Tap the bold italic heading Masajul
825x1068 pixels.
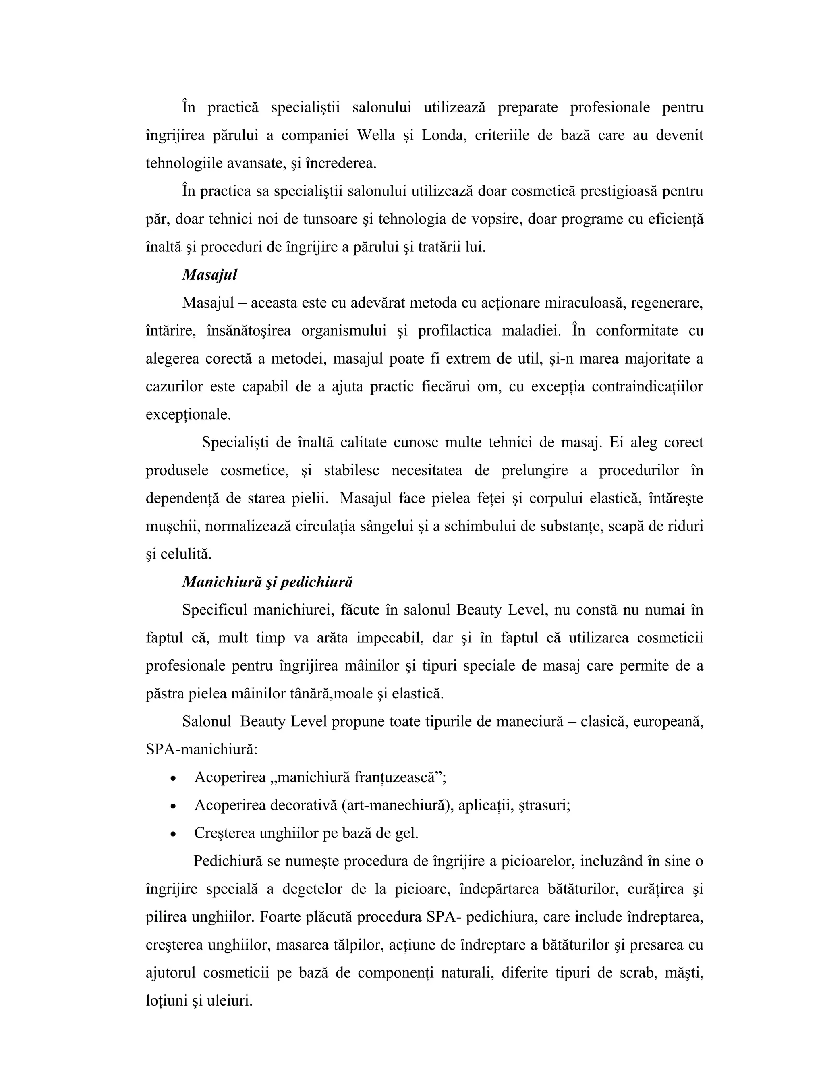[x=209, y=275]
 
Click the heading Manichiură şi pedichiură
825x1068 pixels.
[x=267, y=582]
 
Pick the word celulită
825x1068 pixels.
[x=186, y=554]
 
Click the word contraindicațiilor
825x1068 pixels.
[x=647, y=387]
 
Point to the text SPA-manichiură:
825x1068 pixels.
[x=201, y=750]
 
